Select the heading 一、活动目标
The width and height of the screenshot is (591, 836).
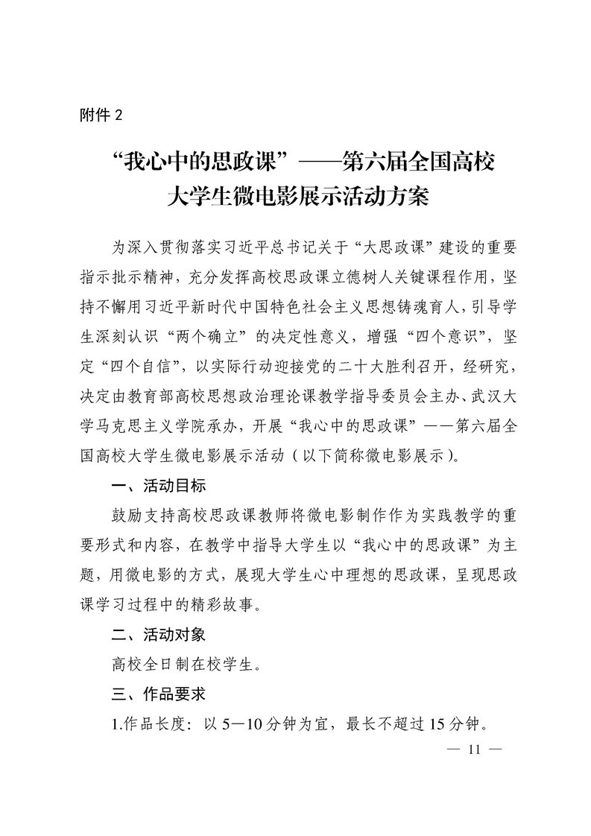click(158, 486)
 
